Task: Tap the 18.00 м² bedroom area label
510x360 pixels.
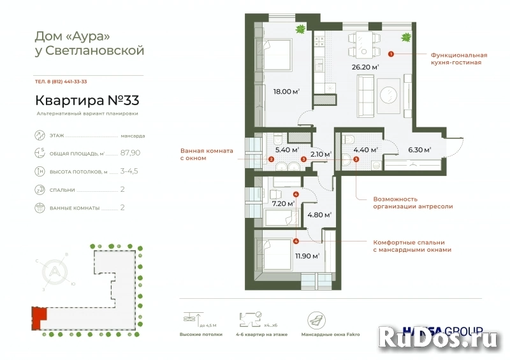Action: pos(288,91)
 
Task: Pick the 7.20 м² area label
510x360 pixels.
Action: pos(282,203)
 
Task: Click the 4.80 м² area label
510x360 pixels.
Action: pos(319,215)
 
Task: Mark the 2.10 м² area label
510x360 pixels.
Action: pos(319,154)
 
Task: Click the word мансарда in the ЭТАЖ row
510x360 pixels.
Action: pos(133,136)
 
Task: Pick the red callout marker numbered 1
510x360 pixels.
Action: pos(390,55)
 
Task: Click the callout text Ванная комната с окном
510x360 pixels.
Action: pos(207,154)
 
